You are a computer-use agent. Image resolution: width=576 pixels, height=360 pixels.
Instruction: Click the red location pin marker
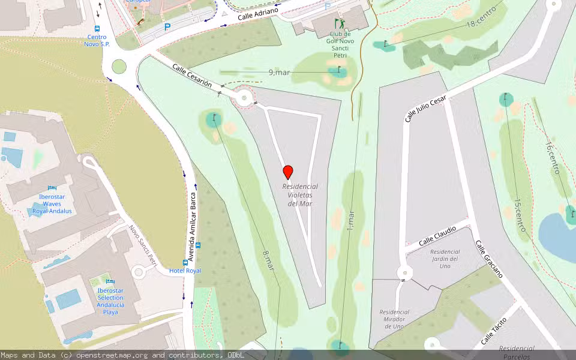[288, 172]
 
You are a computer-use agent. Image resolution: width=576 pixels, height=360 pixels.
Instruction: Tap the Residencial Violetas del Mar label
[300, 195]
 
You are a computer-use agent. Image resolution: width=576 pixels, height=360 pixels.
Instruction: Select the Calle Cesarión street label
[192, 76]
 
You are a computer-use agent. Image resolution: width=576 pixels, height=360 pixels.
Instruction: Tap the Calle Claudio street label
[437, 236]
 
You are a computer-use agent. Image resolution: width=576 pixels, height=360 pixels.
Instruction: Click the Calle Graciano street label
[489, 259]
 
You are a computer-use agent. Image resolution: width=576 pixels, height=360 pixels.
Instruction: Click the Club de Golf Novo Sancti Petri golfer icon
[340, 24]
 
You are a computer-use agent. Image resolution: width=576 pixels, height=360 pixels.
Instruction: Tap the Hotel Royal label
[185, 271]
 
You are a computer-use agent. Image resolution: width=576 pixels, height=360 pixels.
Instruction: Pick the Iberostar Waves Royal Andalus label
[52, 203]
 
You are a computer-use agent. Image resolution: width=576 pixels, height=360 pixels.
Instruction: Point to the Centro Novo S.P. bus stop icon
[97, 28]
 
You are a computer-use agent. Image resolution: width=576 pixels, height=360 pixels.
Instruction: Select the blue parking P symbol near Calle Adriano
[167, 26]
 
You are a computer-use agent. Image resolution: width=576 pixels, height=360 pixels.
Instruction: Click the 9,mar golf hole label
[279, 73]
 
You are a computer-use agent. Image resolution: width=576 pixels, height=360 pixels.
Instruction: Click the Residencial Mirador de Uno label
[394, 319]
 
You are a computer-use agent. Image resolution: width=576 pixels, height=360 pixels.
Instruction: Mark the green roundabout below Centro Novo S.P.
[119, 66]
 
